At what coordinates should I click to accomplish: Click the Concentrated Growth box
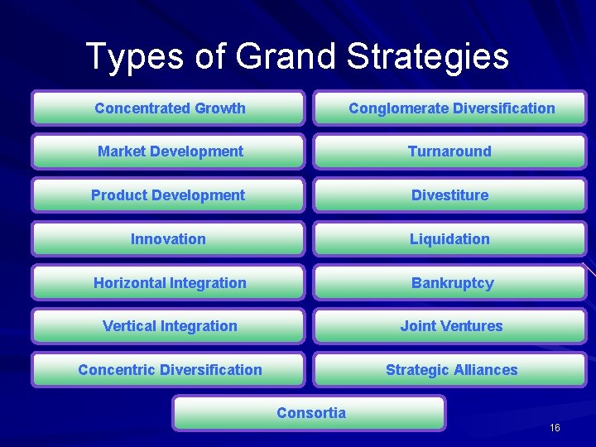click(170, 108)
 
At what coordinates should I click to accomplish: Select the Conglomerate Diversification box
click(451, 108)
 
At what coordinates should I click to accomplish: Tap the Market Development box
click(170, 151)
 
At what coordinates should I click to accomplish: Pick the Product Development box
click(168, 195)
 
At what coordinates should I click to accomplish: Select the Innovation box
click(168, 239)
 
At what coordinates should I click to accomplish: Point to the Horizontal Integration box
click(170, 283)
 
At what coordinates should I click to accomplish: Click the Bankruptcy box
click(452, 283)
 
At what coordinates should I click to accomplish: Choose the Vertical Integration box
click(170, 326)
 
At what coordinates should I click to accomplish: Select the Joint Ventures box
click(451, 326)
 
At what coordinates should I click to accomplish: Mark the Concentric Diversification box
click(170, 370)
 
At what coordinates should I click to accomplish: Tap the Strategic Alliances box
click(451, 370)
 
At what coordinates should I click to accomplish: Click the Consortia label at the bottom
click(311, 413)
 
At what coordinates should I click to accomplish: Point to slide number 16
click(555, 427)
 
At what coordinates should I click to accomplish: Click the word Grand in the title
click(286, 56)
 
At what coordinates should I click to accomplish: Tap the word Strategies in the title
click(427, 56)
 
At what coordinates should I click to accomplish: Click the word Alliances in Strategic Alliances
click(486, 370)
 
